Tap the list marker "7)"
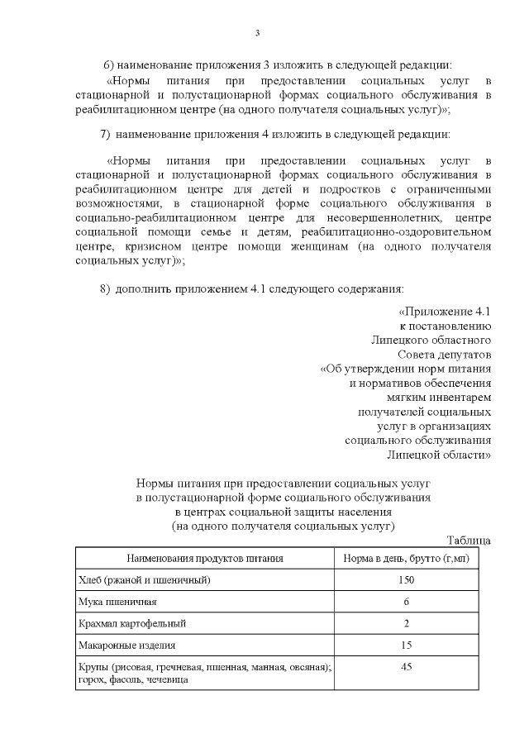(x=105, y=133)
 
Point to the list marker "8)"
(x=105, y=288)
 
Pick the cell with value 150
(x=406, y=579)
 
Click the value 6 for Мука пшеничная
(x=406, y=601)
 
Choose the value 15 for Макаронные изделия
(x=406, y=644)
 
